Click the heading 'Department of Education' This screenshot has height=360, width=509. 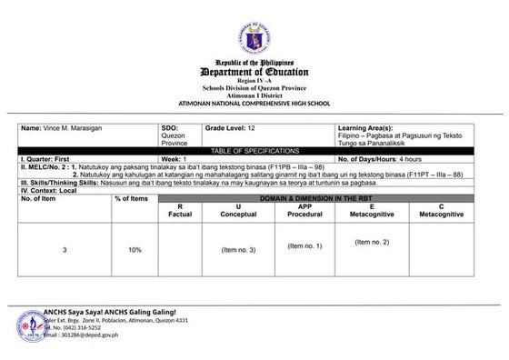click(254, 72)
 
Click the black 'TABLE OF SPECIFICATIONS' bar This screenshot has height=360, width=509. click(254, 149)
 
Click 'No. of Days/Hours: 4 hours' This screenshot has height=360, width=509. click(375, 158)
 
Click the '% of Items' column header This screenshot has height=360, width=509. click(131, 198)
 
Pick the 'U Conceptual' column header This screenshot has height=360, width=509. click(238, 211)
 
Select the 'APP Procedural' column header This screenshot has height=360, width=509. click(298, 211)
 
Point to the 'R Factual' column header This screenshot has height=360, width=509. click(180, 211)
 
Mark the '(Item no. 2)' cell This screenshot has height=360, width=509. click(373, 242)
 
